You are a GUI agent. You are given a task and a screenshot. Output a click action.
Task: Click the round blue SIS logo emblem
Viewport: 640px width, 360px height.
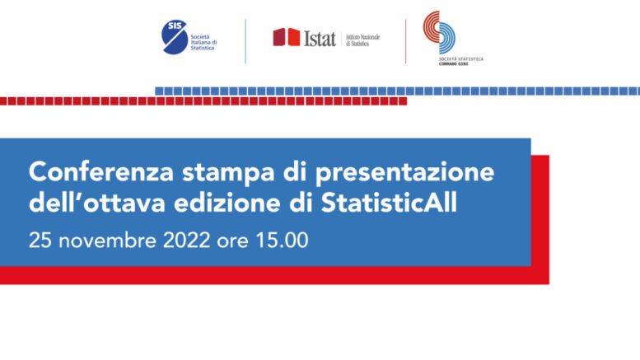pos(175,37)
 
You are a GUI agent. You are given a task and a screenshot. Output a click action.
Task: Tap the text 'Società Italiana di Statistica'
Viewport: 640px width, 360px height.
pos(203,43)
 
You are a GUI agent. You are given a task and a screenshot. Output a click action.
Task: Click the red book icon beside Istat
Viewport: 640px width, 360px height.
pos(287,37)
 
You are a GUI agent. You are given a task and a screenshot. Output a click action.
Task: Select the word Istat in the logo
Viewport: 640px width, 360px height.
pos(320,39)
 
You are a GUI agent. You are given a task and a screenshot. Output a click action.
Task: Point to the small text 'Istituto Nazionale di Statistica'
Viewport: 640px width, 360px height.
pos(363,40)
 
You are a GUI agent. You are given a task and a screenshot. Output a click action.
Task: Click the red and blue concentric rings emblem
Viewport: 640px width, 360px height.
pos(439,32)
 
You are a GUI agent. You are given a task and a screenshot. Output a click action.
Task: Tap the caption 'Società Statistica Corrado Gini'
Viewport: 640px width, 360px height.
pos(460,61)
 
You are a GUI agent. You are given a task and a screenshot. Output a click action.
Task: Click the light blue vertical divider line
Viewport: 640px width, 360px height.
pos(245,41)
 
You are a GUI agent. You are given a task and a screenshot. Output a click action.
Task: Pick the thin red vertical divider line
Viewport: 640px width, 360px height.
pos(405,41)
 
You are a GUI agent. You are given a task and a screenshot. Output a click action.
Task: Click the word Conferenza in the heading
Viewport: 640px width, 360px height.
pos(101,172)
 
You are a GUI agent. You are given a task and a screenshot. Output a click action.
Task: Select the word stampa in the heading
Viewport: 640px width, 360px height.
pos(228,173)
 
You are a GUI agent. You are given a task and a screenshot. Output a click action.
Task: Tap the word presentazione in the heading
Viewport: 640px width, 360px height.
pos(404,173)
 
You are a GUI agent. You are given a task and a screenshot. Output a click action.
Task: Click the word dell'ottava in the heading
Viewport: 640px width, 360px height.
pos(96,203)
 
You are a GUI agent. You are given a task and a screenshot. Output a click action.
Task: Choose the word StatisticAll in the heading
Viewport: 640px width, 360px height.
pos(389,203)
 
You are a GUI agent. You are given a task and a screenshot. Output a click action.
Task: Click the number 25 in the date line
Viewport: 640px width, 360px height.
pos(40,241)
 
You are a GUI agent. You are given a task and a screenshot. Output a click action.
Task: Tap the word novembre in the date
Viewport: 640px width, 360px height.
pos(107,241)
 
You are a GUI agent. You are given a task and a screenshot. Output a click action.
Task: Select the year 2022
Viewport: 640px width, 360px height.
pos(186,241)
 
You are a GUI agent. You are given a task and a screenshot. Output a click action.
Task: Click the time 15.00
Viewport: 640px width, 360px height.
pos(282,241)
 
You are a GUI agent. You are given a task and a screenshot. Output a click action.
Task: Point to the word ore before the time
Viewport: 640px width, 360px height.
pos(232,242)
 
